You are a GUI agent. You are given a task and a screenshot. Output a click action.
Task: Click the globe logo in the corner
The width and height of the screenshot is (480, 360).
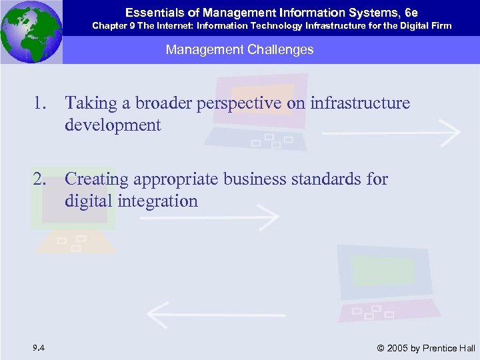tap(31, 31)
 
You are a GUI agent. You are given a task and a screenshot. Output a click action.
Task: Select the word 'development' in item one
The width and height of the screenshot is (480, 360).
tap(113, 125)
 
